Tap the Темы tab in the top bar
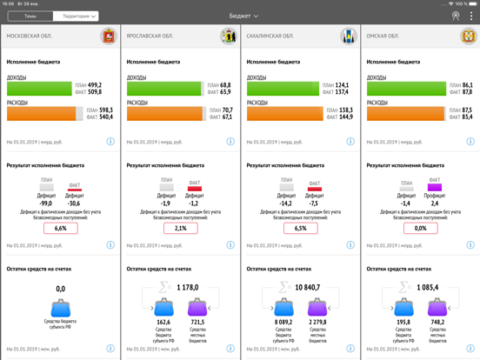coord(30,16)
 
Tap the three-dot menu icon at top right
coord(471,16)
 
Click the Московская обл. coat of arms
coord(108,37)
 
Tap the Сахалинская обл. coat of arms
coord(348,37)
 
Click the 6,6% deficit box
coord(61,228)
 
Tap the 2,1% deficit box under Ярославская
coord(180,228)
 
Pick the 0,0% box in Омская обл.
coord(420,228)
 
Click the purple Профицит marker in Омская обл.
coord(435,187)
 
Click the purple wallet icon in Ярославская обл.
coord(197,307)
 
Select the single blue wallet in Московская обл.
coord(61,307)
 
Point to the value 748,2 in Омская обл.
coord(437,322)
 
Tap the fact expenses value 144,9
coord(345,117)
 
